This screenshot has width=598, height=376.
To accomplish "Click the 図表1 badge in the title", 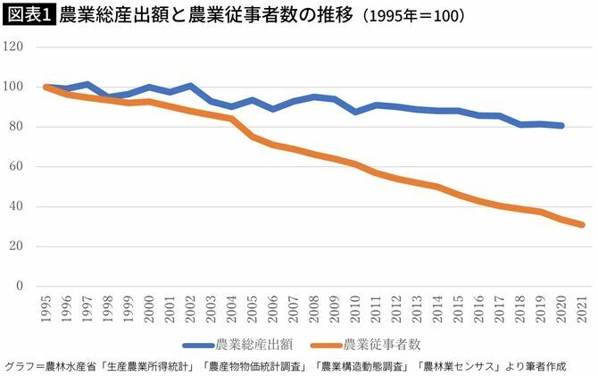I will pyautogui.click(x=29, y=15).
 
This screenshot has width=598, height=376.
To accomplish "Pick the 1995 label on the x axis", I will pyautogui.click(x=46, y=305).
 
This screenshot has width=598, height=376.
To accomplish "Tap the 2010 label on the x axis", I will pyautogui.click(x=356, y=305).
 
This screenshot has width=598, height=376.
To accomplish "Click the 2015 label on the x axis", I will pyautogui.click(x=460, y=305).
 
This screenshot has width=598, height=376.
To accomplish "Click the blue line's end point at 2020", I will pyautogui.click(x=562, y=125).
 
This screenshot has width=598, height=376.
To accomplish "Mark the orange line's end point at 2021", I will pyautogui.click(x=583, y=225).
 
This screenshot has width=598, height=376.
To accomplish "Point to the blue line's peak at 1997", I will pyautogui.click(x=87, y=84).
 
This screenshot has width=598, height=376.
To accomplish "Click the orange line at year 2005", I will pyautogui.click(x=253, y=137).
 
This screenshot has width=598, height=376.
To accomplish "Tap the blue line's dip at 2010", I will pyautogui.click(x=356, y=112).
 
